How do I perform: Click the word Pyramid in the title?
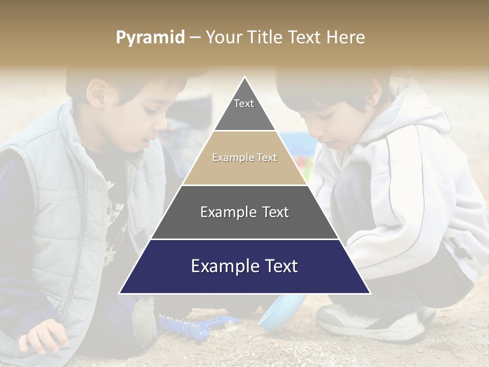(150, 38)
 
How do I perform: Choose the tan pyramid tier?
(244, 158)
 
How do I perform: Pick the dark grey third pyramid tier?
(244, 212)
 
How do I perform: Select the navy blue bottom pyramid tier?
(244, 267)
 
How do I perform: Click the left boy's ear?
(96, 92)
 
